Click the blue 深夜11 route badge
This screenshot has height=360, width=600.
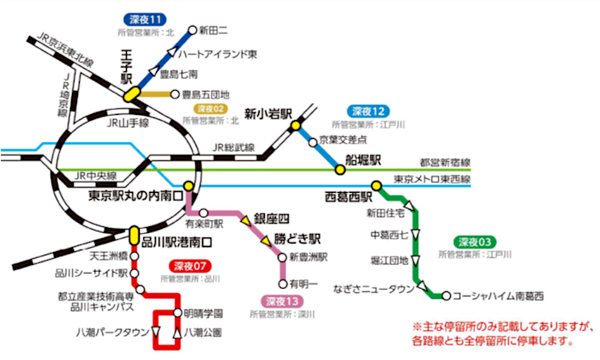pyautogui.click(x=146, y=20)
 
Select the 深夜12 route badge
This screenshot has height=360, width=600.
pyautogui.click(x=368, y=111)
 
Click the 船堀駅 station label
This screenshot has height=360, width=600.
pyautogui.click(x=362, y=160)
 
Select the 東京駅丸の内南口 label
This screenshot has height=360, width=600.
pyautogui.click(x=136, y=195)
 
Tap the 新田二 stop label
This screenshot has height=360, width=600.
pyautogui.click(x=213, y=30)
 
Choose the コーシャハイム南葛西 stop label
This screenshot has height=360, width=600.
pyautogui.click(x=498, y=297)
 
